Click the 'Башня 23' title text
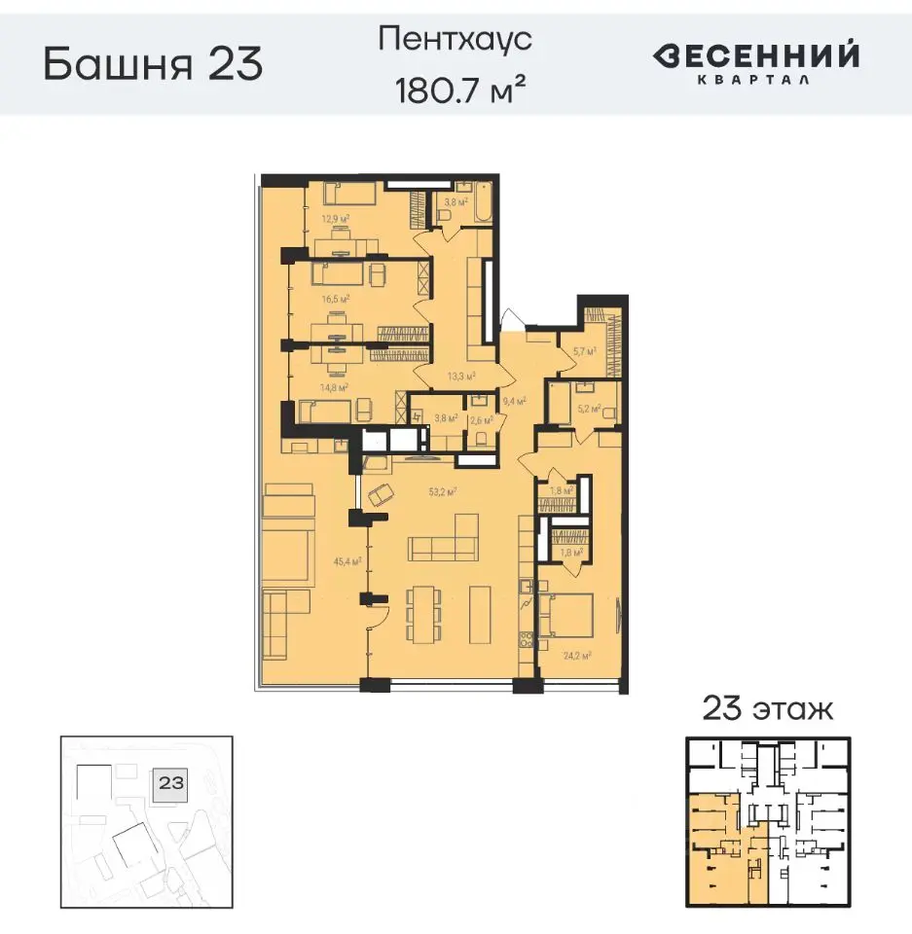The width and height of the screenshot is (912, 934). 153,64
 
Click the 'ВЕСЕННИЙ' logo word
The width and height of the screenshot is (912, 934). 755,55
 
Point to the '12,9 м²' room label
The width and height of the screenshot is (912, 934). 336,218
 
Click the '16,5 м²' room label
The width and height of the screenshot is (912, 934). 336,300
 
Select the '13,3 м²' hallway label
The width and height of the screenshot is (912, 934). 460,375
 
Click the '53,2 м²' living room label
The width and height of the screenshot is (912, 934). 443,491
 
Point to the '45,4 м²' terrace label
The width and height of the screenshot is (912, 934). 347,560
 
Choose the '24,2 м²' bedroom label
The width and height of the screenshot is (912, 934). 577,655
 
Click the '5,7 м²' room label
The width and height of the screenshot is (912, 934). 584,351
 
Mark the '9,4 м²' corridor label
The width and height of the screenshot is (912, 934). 514,400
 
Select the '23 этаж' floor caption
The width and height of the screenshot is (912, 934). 768,707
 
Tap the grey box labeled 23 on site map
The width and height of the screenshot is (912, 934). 172,780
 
